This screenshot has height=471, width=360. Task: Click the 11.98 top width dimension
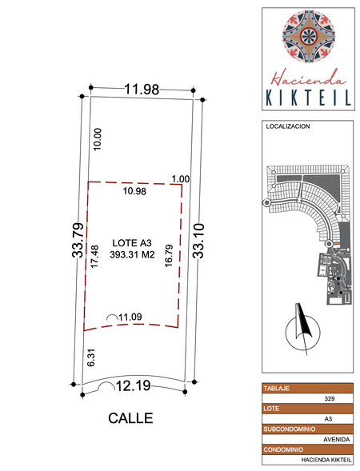142,90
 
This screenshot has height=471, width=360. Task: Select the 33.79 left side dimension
78,240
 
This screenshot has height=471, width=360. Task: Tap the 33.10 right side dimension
198,241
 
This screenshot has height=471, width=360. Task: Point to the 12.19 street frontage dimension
133,385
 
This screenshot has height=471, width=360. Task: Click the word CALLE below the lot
130,418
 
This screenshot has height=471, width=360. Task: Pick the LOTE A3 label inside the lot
132,242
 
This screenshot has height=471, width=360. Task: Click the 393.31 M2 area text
132,255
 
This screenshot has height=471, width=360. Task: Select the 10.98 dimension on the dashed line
134,191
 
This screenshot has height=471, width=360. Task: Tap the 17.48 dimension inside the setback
94,257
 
